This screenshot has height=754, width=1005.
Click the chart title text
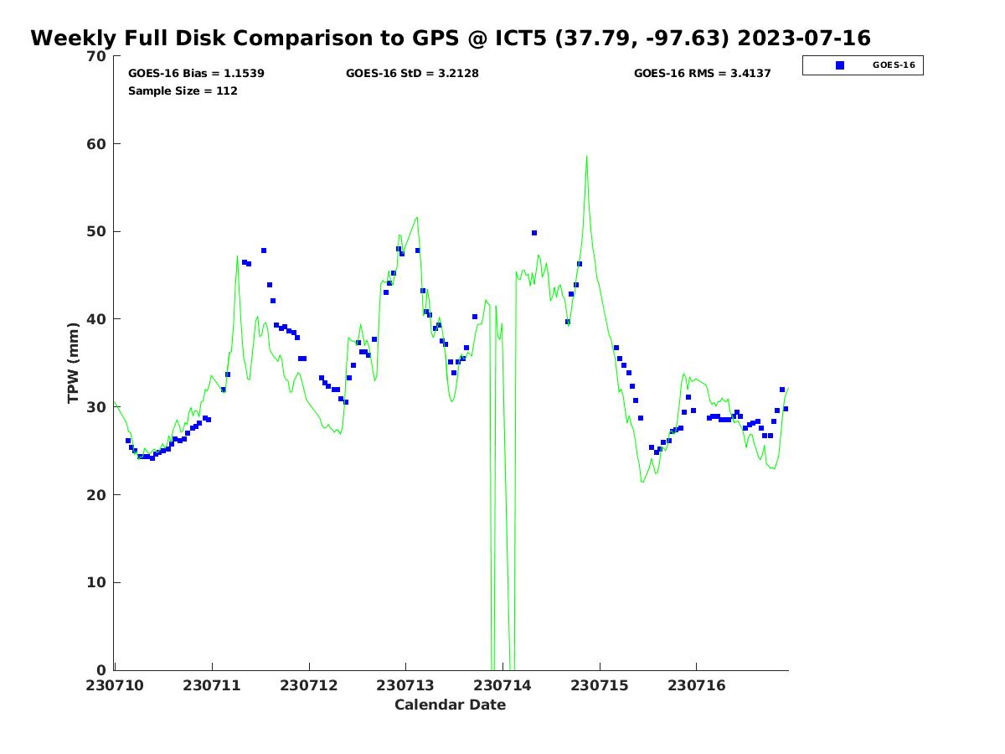point(451,39)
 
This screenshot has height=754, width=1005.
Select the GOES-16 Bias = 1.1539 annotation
point(196,74)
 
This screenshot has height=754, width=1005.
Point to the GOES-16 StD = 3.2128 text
point(412,74)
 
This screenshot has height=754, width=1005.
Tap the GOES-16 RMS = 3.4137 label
point(702,74)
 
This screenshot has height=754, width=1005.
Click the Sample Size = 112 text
point(183,90)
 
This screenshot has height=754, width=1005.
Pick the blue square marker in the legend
point(840,65)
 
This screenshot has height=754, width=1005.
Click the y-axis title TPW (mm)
point(74,363)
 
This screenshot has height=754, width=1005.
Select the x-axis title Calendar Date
point(450,705)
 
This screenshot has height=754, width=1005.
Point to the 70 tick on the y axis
point(97,56)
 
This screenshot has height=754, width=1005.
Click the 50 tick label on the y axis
point(97,231)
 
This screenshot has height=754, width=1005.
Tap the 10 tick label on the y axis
point(97,582)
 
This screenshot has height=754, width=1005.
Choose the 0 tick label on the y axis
point(102,670)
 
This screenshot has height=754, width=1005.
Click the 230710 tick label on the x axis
point(115,685)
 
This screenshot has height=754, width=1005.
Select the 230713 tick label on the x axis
point(405,685)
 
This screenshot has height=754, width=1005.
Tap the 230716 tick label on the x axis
point(696,685)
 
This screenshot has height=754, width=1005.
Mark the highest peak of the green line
point(586,156)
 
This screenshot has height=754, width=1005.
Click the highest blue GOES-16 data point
point(534,233)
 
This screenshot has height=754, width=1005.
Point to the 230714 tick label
point(502,685)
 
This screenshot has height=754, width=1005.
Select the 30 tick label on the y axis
point(97,407)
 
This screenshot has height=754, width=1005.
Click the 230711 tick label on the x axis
point(212,685)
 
